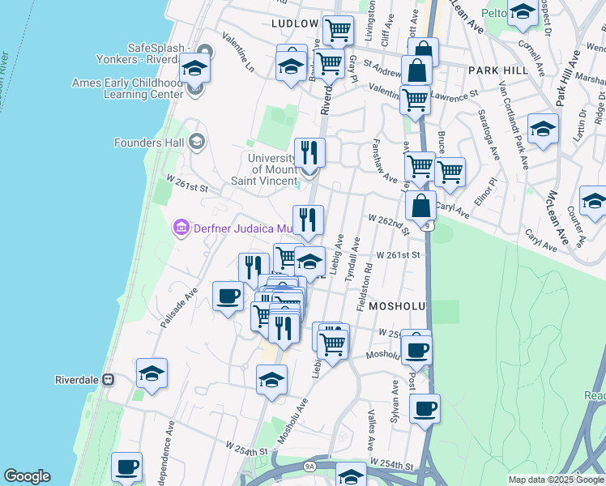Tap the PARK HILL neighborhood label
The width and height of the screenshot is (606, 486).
click(498, 70)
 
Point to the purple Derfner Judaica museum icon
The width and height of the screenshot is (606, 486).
click(181, 228)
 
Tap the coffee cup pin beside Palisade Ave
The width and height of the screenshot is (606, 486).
click(228, 295)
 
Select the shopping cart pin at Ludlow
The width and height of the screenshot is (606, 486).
click(338, 31)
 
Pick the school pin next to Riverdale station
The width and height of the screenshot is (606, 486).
click(151, 373)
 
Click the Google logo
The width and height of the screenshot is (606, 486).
click(27, 476)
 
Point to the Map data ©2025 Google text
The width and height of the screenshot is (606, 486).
click(555, 480)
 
